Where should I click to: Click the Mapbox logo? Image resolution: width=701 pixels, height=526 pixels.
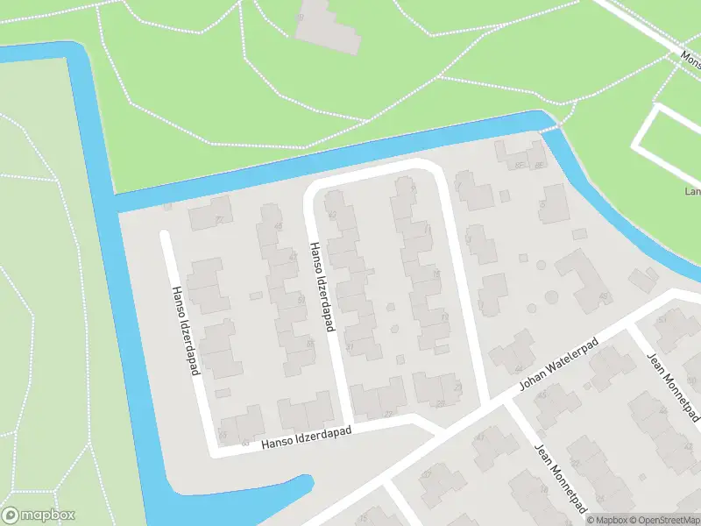click(39, 515)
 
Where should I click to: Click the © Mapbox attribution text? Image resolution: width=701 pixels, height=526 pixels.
click(608, 520)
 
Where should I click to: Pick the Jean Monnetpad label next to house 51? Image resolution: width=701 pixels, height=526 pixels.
click(670, 381)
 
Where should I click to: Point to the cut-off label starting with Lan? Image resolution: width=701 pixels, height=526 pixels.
click(692, 191)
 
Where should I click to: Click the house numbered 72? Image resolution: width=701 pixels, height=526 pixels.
click(208, 217)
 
